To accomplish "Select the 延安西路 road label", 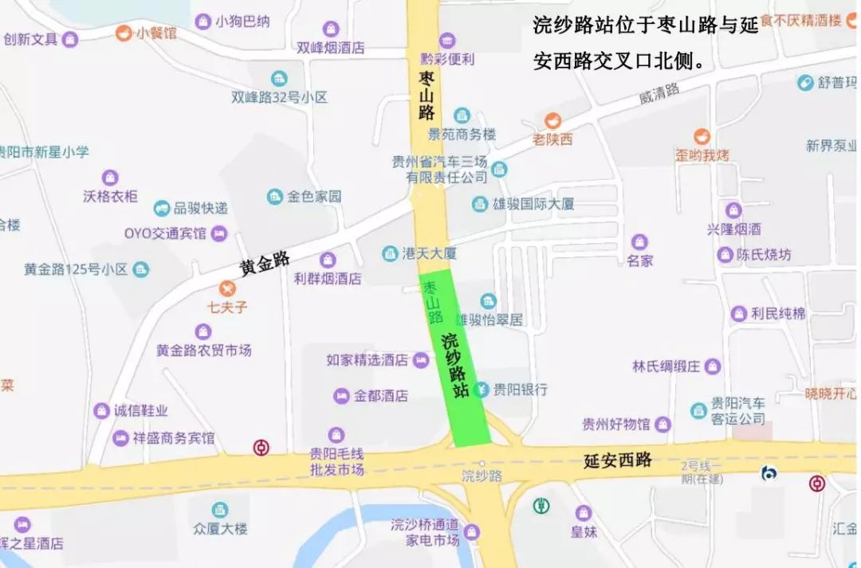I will click(618, 460).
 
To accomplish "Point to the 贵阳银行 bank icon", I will click(481, 390).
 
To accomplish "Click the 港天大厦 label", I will click(429, 253).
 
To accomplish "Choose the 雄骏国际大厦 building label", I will click(533, 204).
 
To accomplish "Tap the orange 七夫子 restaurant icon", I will click(228, 288).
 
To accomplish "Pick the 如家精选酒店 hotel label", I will click(368, 360).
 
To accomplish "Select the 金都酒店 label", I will click(381, 395).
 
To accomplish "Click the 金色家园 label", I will click(314, 196).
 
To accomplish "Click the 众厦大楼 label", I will click(220, 528).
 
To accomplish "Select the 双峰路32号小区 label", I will click(279, 97).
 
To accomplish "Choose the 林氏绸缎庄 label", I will click(666, 366).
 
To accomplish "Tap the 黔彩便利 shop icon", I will click(447, 40).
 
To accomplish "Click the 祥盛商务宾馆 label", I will click(174, 438).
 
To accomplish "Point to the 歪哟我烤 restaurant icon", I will click(702, 137).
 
